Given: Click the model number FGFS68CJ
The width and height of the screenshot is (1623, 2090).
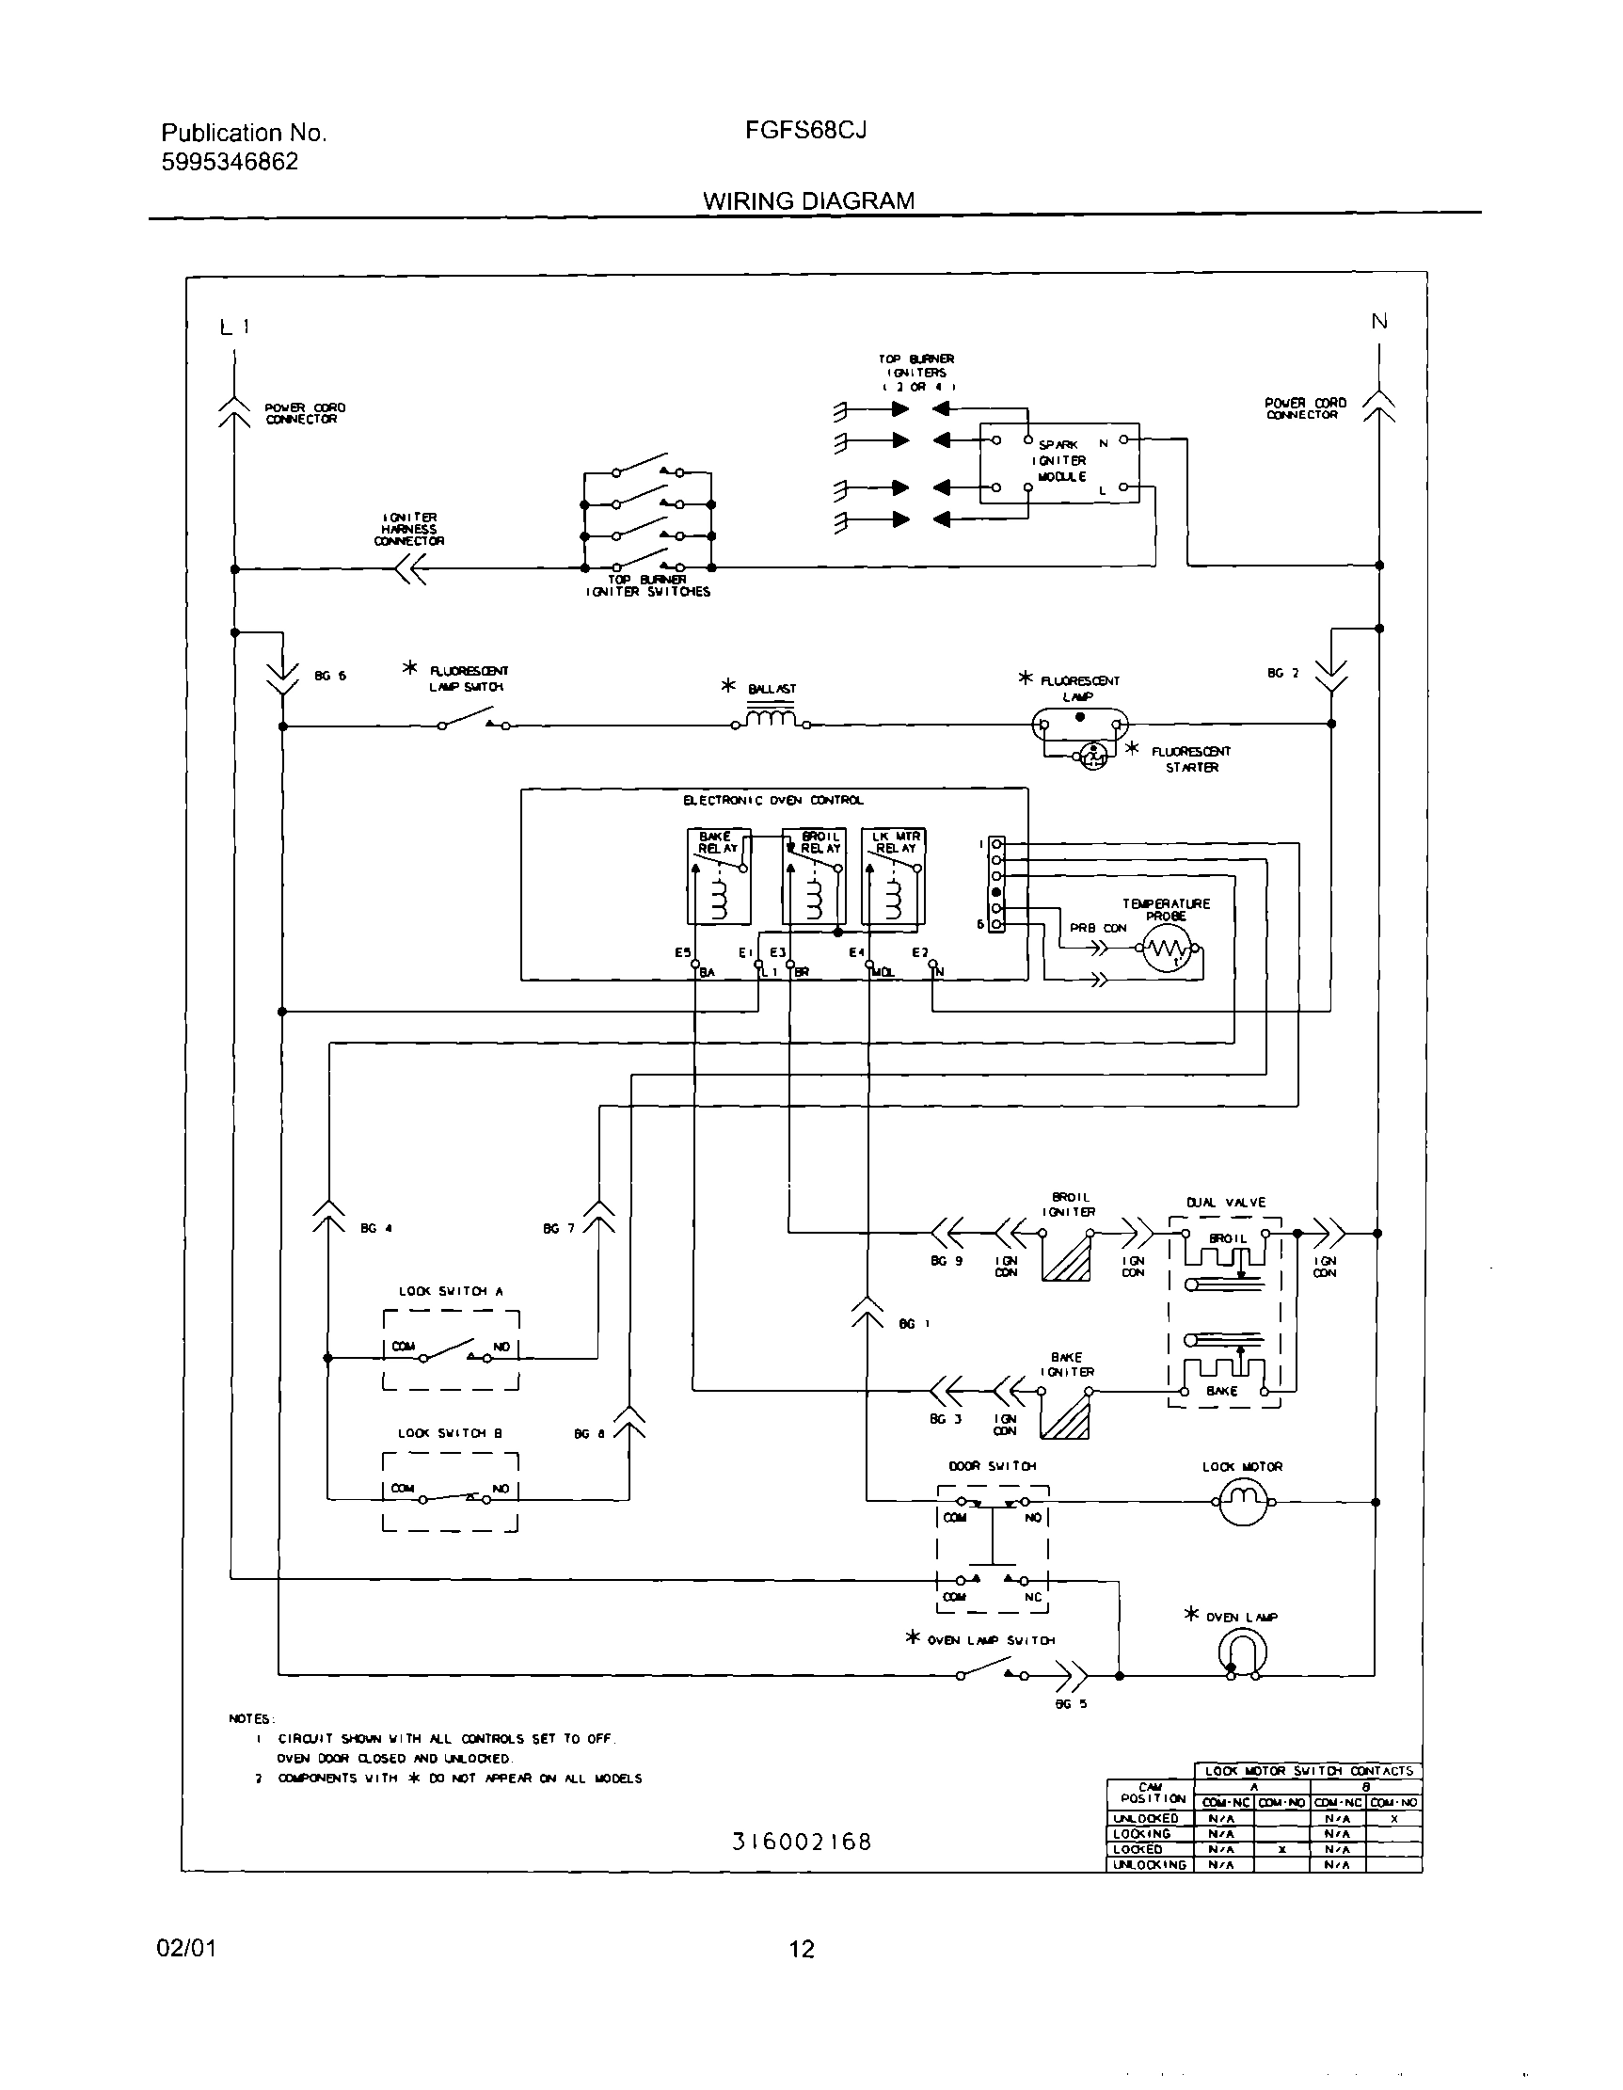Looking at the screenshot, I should (805, 130).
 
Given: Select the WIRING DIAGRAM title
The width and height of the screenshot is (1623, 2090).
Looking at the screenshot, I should (808, 201).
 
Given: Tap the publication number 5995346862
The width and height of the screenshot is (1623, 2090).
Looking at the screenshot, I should (230, 162).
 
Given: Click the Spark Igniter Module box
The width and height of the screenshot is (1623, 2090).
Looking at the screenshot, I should (1059, 463).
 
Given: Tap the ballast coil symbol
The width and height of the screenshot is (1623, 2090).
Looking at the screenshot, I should (772, 718).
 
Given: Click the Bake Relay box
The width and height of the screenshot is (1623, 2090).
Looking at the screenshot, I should (719, 876).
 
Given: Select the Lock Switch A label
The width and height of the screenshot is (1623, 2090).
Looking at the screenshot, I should (450, 1291).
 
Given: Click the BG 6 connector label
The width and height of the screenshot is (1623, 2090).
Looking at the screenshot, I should (330, 676).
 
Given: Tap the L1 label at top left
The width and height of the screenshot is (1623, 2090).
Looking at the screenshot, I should (234, 327).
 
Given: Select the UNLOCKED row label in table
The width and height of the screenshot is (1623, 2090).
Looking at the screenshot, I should (1145, 1818).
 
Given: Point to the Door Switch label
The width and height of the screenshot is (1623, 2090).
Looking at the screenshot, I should (993, 1466).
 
